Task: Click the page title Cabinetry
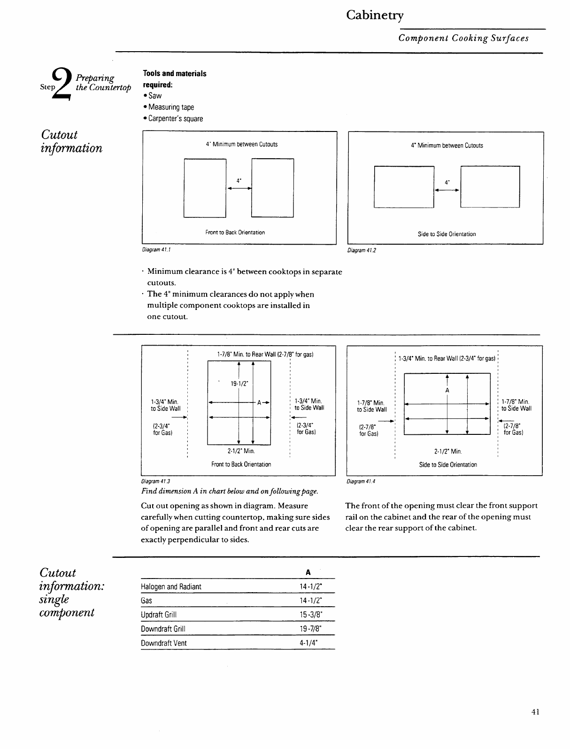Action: pos(375,15)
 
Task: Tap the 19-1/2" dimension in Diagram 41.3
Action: pos(239,384)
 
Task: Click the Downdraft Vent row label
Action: pos(164,643)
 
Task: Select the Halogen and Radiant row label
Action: pos(171,587)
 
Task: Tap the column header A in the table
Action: pos(308,572)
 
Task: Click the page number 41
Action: pos(535,712)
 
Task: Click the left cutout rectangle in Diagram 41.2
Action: pos(404,187)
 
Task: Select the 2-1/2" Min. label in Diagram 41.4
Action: pos(448,452)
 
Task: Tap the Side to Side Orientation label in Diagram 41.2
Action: pos(447,234)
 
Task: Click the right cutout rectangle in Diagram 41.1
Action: pos(272,188)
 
